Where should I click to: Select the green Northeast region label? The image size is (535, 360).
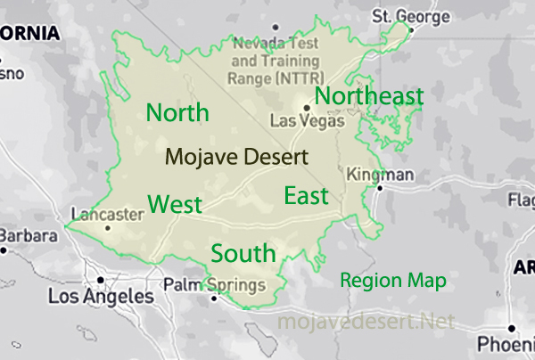tap(368, 95)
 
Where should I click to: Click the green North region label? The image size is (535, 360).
tap(177, 113)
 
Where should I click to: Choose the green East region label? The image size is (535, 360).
tap(306, 196)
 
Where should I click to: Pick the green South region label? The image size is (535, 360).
tap(243, 252)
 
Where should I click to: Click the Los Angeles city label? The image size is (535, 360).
tap(100, 296)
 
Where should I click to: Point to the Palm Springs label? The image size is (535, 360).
tap(214, 285)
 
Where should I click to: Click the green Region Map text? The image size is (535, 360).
tap(393, 280)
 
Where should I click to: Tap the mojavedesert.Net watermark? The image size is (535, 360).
tap(366, 320)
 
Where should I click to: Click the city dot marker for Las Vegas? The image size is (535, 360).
tap(306, 108)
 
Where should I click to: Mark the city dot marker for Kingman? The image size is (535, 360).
tap(380, 188)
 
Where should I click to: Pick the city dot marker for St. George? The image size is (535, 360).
tap(410, 29)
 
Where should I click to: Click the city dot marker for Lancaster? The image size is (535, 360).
tap(108, 227)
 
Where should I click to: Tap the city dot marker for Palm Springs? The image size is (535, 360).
tap(213, 299)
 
